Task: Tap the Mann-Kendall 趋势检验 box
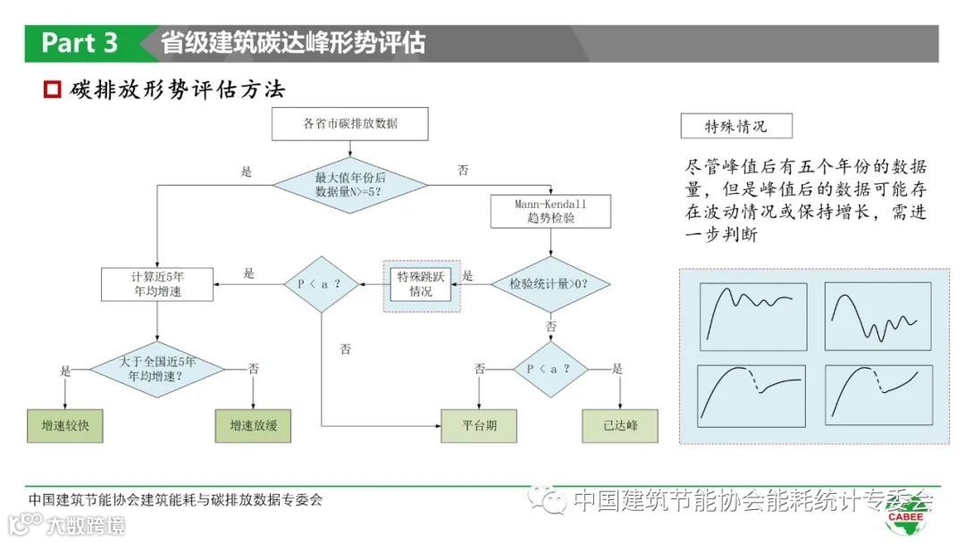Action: click(550, 212)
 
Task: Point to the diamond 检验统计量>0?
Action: click(549, 284)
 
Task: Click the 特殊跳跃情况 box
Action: click(422, 285)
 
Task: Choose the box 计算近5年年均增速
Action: click(157, 284)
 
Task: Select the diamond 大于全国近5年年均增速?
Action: click(157, 368)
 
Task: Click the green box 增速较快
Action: click(65, 426)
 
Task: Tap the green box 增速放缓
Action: click(253, 426)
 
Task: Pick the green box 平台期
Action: click(479, 426)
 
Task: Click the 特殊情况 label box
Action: click(735, 126)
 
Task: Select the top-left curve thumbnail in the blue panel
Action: click(752, 311)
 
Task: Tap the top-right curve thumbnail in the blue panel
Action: click(877, 311)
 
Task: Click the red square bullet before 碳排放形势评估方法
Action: click(52, 90)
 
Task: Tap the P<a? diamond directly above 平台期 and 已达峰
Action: click(549, 368)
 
